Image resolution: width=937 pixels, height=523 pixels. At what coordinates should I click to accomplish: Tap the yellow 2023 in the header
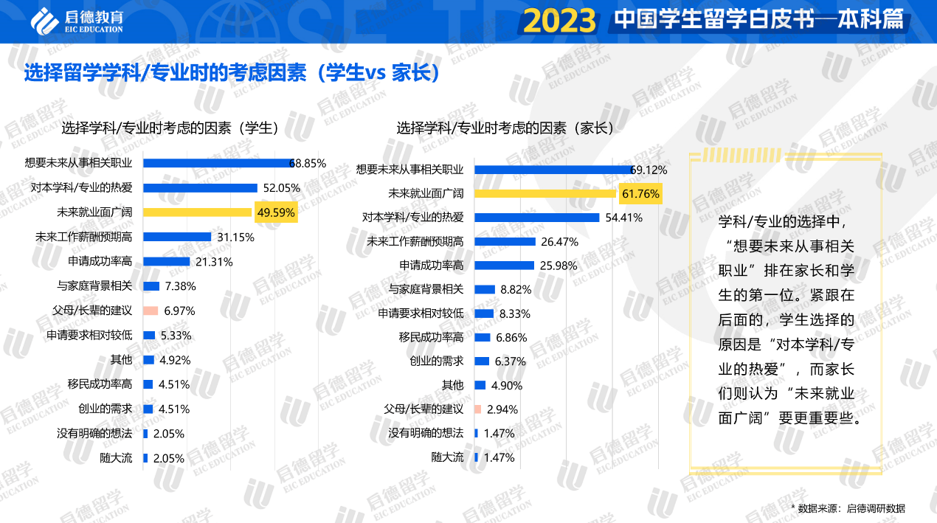pos(559,21)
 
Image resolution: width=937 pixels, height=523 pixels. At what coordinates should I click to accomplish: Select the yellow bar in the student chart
pos(198,212)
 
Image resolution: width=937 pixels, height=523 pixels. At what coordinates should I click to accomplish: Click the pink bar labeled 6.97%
pos(151,311)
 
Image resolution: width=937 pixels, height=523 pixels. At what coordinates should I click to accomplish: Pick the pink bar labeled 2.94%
pos(478,409)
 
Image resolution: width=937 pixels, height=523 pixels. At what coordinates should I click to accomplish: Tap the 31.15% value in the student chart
pos(236,238)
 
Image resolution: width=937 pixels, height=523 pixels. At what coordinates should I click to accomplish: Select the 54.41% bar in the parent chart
pos(536,218)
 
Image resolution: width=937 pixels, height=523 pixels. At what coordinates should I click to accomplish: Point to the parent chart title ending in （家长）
pos(505,128)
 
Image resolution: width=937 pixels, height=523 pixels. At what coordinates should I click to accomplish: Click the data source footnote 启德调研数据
pos(851,508)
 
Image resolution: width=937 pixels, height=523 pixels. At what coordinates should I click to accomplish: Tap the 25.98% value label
pos(558,266)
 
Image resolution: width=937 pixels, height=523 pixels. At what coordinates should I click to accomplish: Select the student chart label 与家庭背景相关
pos(94,286)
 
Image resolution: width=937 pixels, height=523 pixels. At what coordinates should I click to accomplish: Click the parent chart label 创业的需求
pos(437,361)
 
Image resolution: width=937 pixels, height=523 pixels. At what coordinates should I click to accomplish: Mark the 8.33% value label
pos(515,314)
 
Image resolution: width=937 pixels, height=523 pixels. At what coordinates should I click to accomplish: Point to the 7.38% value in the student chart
pos(180,286)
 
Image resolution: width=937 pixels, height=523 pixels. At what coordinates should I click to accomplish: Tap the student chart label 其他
pos(121,360)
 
